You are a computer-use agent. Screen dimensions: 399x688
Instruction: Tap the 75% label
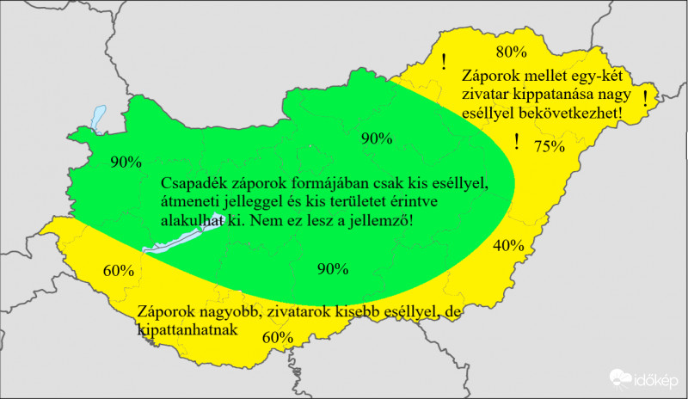tap(550, 146)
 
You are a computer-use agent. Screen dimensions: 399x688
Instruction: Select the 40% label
tap(508, 245)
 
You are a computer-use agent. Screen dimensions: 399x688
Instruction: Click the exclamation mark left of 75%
tap(516, 142)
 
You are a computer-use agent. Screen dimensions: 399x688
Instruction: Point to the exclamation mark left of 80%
tap(444, 61)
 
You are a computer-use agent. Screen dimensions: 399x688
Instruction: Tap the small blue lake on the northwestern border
tap(96, 117)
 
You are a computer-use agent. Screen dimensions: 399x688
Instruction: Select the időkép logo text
tap(657, 380)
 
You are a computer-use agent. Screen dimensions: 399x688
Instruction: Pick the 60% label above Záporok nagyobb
tap(118, 270)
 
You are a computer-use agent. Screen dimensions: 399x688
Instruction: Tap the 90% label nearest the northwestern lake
tap(126, 160)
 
